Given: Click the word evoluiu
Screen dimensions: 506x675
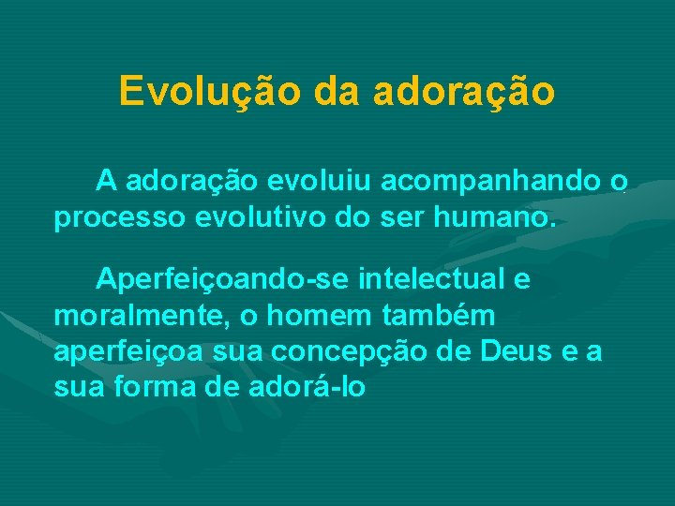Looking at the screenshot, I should click(x=303, y=179).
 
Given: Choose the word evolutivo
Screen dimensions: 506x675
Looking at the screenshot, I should click(x=247, y=219).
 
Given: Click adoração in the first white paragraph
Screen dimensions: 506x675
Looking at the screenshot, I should click(x=187, y=179).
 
